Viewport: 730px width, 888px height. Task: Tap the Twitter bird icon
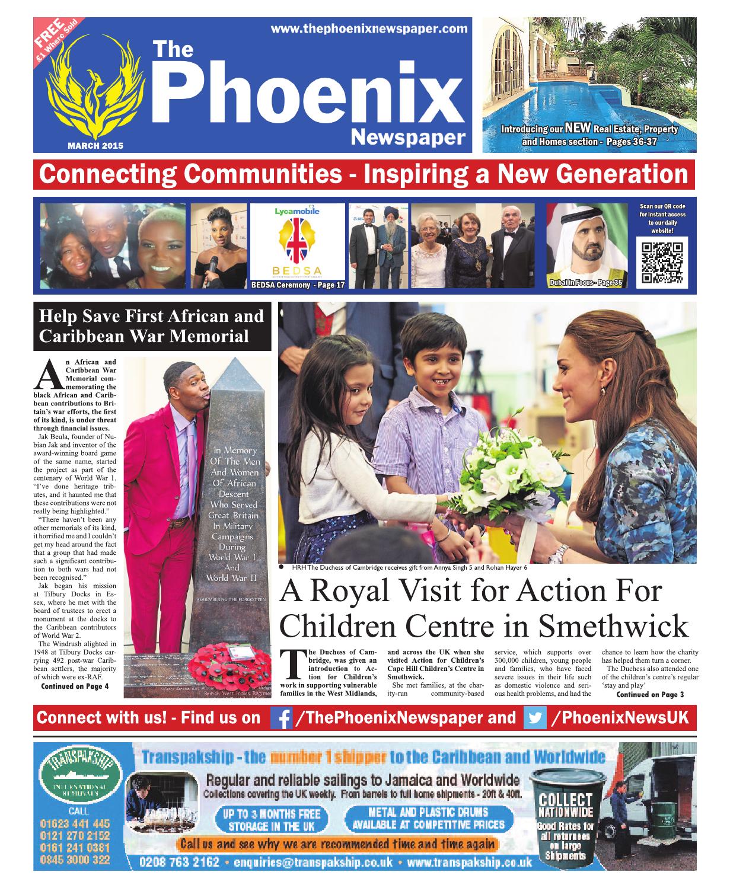coord(535,718)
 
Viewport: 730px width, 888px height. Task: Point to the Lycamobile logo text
coord(297,211)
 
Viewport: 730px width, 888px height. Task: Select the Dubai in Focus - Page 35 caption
coord(586,283)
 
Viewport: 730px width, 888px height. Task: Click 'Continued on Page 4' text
coord(75,686)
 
